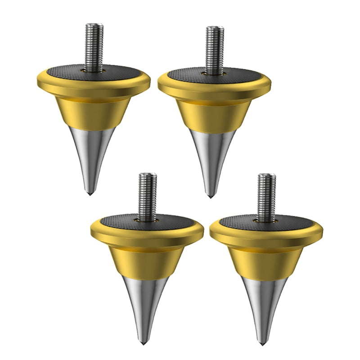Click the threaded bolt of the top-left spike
pos(93,45)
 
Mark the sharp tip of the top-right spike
pos(210,197)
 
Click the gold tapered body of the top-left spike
pos(93,110)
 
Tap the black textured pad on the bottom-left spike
pos(171,222)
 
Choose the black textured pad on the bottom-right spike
pos(290,223)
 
